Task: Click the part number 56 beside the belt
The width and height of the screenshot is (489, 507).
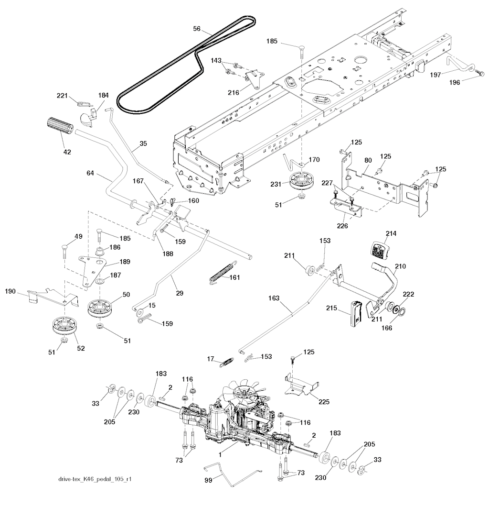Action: [196, 28]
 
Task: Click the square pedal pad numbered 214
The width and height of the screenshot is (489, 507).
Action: [379, 249]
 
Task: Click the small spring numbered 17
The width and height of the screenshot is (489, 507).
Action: [226, 362]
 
